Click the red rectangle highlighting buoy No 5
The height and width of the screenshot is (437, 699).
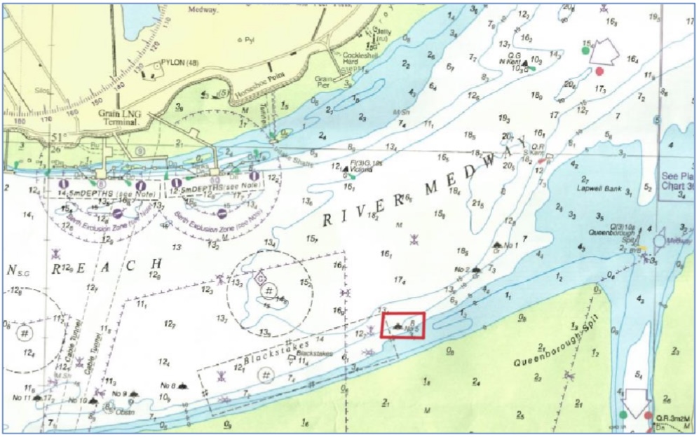pyautogui.click(x=402, y=326)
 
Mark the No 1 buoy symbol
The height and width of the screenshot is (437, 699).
pyautogui.click(x=498, y=245)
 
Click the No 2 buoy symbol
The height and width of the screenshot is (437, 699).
pyautogui.click(x=477, y=269)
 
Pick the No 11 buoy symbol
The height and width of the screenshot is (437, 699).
pyautogui.click(x=36, y=398)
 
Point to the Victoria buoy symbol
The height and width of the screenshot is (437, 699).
pyautogui.click(x=345, y=169)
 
